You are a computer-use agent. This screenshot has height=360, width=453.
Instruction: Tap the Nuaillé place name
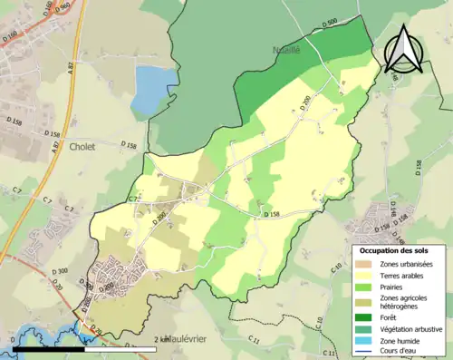pos(286,51)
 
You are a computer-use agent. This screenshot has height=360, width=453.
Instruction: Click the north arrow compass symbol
pos(403,49)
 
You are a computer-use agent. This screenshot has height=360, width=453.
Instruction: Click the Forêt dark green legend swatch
pos(367,317)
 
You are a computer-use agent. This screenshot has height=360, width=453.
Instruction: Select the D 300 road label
pos(62,271)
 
